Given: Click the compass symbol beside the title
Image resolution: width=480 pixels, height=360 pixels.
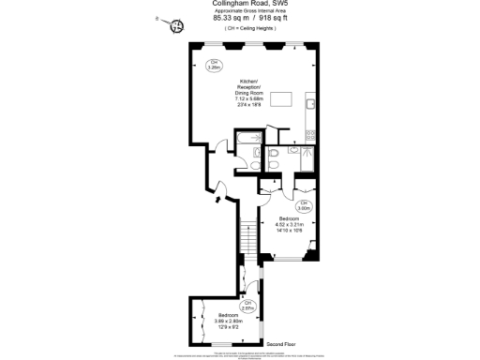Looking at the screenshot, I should pos(175,26).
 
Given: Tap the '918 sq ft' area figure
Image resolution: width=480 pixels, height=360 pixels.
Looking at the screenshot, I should pos(270,17).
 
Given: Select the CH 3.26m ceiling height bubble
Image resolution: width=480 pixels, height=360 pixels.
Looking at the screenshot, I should pos(214,65).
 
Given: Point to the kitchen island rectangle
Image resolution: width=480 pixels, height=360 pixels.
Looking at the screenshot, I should pos(283,99).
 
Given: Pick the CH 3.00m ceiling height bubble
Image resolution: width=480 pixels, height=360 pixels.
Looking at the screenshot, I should pos(304,205).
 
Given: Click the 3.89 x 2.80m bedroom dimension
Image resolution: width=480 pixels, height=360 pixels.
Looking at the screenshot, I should pos(229,321).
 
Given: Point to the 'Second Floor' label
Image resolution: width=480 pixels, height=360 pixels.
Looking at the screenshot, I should pos(285,344).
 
